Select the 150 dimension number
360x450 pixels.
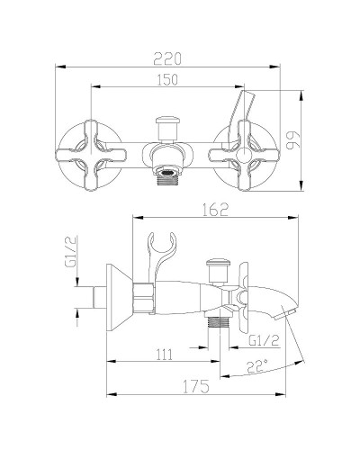point(163,79)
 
